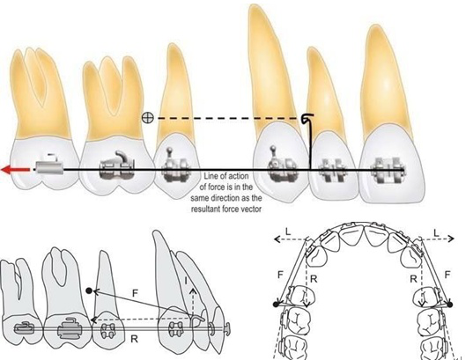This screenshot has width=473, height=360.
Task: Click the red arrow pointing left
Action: click(16, 170)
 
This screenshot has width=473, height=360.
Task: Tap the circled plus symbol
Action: click(147, 118)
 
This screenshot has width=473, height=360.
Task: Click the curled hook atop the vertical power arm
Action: click(308, 118)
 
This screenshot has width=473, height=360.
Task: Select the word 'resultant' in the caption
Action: click(206, 209)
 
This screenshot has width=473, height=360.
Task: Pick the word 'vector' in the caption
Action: click(251, 209)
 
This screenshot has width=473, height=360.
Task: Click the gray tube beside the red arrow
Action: click(50, 167)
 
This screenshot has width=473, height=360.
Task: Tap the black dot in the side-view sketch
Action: click(89, 290)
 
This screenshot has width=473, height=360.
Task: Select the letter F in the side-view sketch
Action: click(135, 293)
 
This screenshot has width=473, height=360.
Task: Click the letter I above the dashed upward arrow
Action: click(186, 281)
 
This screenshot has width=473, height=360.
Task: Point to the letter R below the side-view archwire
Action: click(134, 339)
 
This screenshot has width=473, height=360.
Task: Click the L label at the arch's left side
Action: click(288, 231)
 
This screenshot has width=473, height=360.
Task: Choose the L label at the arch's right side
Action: click(436, 233)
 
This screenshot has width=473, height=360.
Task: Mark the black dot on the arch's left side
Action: click(276, 305)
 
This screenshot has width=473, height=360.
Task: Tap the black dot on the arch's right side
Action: click(450, 305)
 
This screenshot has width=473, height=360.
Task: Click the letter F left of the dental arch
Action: click(281, 275)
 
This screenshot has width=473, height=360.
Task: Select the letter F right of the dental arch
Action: click(447, 275)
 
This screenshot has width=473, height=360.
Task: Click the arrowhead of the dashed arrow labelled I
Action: click(194, 291)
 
